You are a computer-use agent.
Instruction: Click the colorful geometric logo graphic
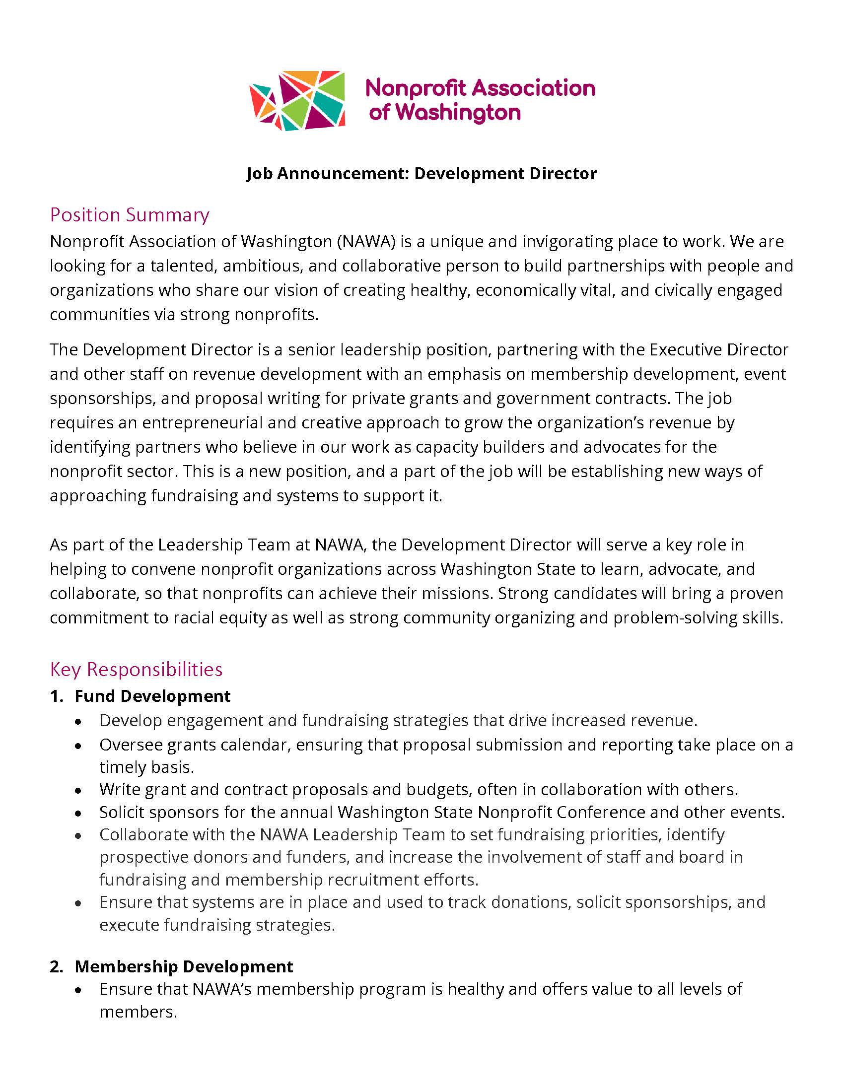tap(297, 100)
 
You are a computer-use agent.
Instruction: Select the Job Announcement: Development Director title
tap(421, 174)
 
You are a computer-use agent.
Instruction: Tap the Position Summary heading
tap(130, 214)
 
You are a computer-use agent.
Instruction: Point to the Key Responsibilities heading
tap(136, 669)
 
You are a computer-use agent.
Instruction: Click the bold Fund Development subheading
tap(152, 696)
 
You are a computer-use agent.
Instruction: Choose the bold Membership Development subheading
tap(184, 966)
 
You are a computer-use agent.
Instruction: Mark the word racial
tap(193, 618)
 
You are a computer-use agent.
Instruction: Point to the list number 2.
tap(56, 966)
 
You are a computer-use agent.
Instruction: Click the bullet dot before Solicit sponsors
tap(78, 814)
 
